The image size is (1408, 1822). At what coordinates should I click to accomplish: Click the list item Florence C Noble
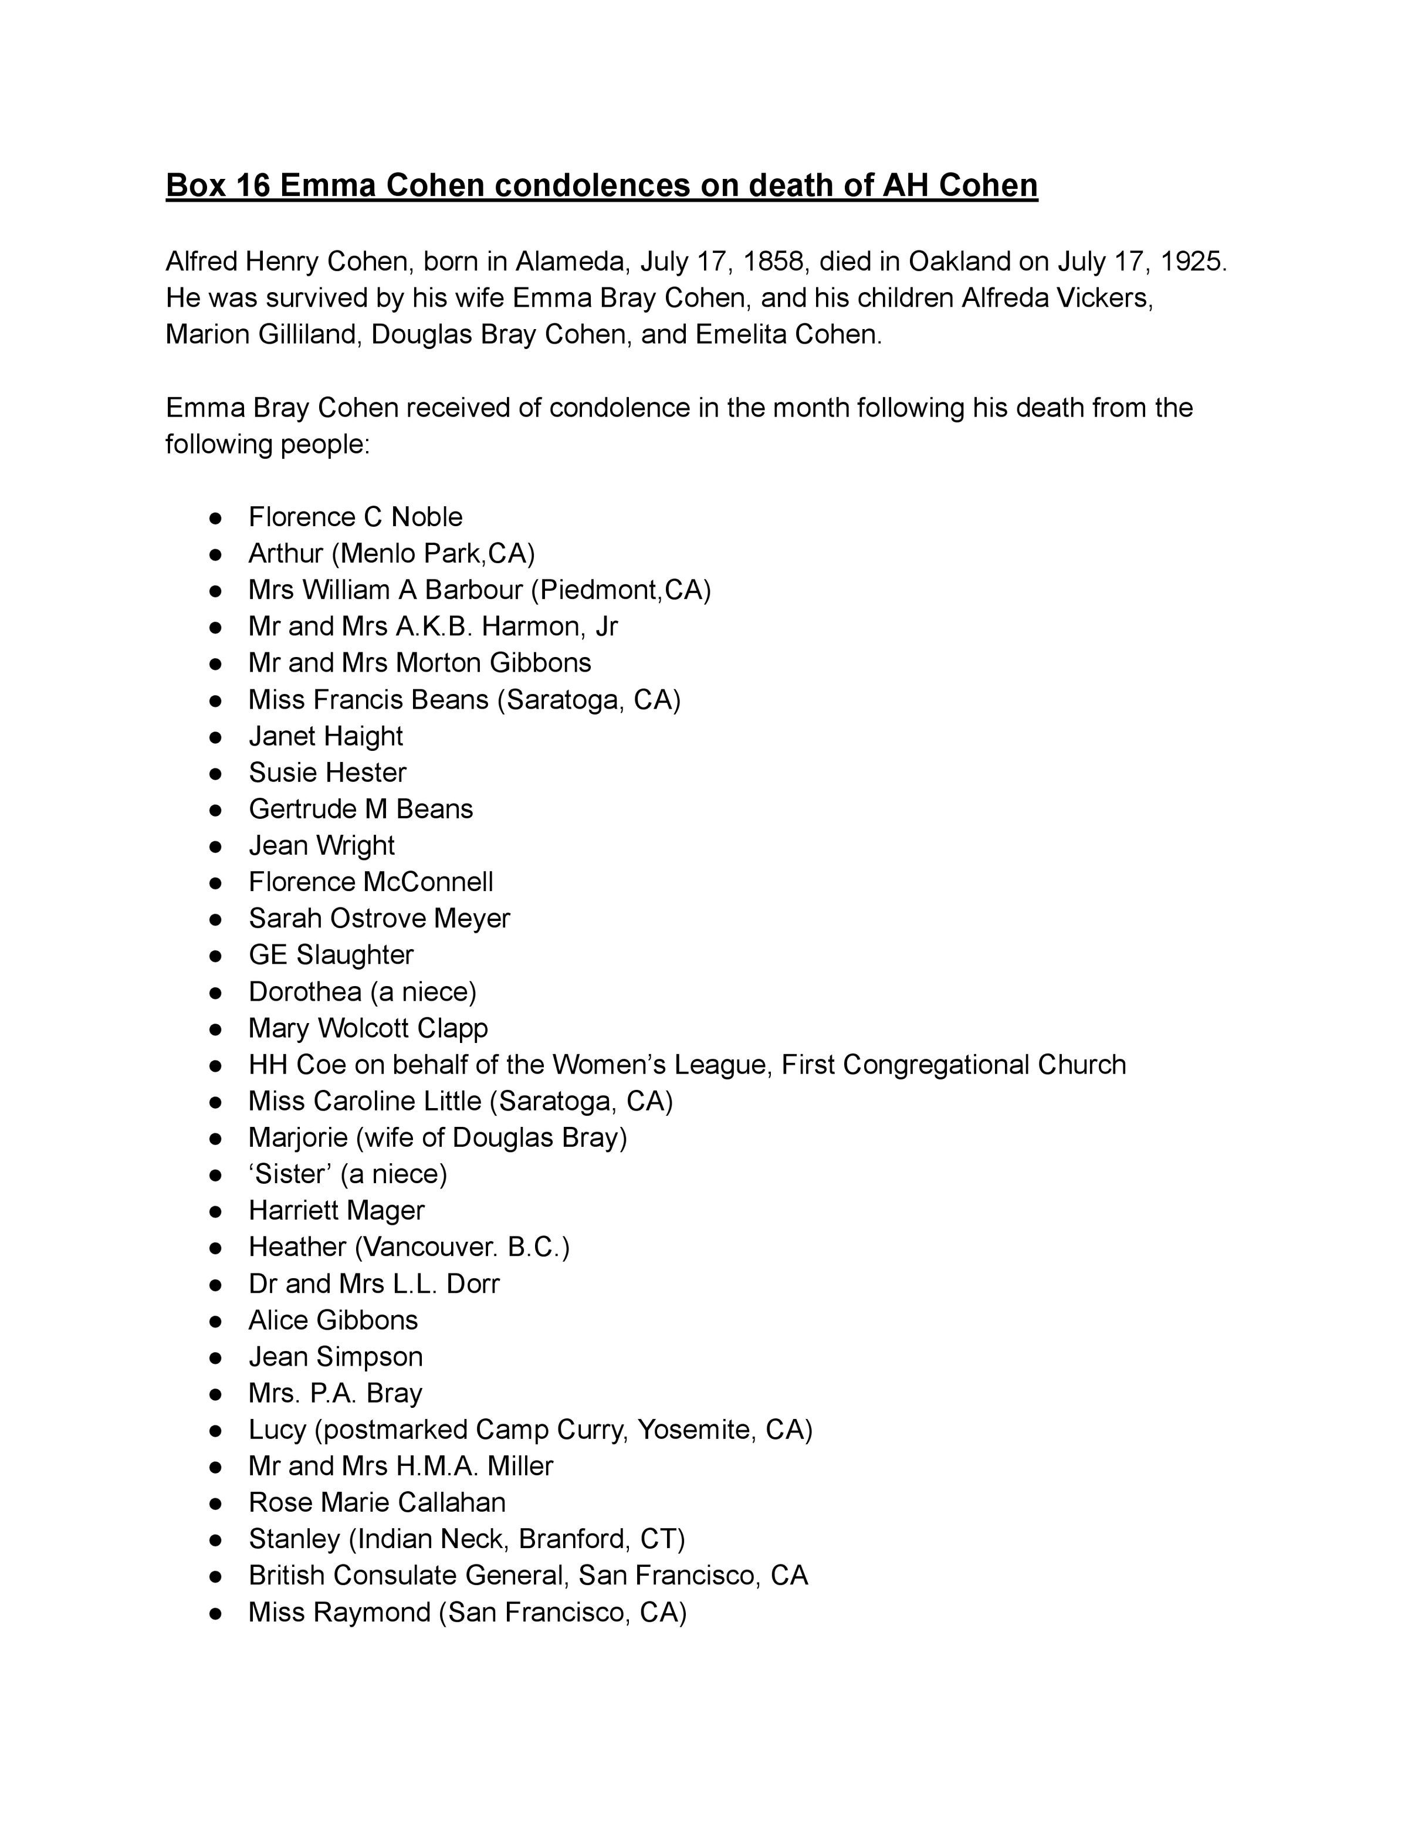click(356, 517)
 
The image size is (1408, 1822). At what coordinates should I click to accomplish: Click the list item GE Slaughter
click(330, 955)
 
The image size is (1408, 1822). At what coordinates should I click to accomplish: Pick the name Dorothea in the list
click(304, 992)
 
